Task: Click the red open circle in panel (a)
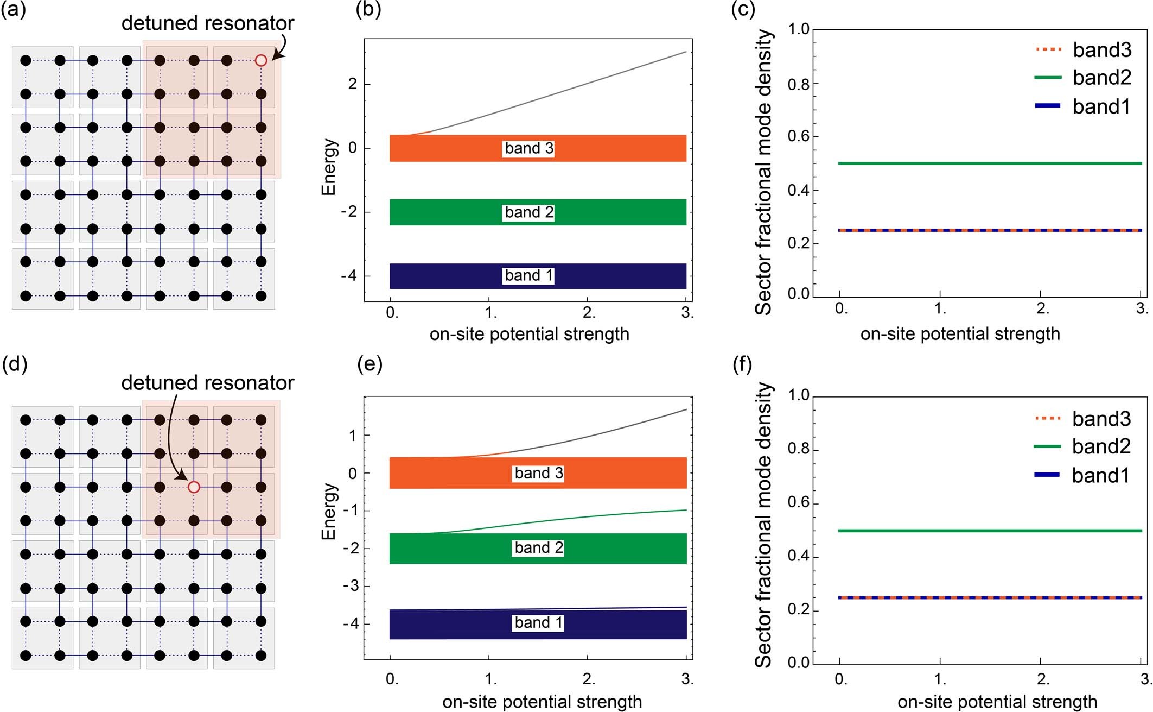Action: click(x=261, y=60)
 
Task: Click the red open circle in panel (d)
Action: click(x=194, y=487)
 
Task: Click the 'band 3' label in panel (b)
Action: click(x=529, y=148)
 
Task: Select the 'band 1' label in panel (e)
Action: click(x=539, y=622)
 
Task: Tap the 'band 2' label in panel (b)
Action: click(x=529, y=212)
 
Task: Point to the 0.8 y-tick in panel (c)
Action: click(x=799, y=84)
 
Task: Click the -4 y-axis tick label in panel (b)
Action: click(x=349, y=275)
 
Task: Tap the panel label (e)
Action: click(x=370, y=364)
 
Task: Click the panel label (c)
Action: click(x=743, y=9)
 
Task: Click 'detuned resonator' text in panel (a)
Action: click(x=207, y=23)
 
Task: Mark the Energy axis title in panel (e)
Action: click(x=329, y=511)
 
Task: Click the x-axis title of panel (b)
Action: click(x=529, y=334)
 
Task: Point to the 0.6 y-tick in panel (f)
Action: click(x=799, y=502)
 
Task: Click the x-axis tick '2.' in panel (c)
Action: click(x=1042, y=309)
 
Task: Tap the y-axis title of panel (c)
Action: click(x=764, y=172)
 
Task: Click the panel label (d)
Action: click(x=15, y=364)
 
